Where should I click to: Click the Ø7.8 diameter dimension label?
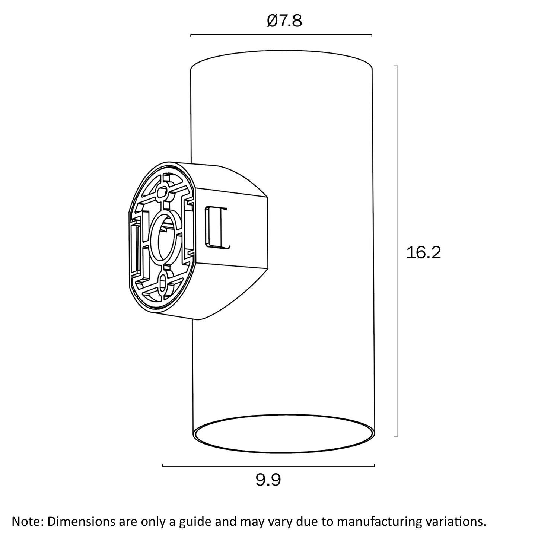point(284,21)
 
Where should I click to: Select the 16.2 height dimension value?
point(424,253)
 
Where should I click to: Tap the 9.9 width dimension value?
point(268,480)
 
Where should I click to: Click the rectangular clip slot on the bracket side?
point(217,227)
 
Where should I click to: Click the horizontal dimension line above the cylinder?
point(281,35)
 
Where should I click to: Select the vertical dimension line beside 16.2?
point(397,251)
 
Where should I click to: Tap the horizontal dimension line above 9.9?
point(268,466)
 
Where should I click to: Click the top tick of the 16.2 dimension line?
point(396,66)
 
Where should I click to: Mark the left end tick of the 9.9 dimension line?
point(163,465)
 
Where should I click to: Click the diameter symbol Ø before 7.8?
point(273,21)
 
